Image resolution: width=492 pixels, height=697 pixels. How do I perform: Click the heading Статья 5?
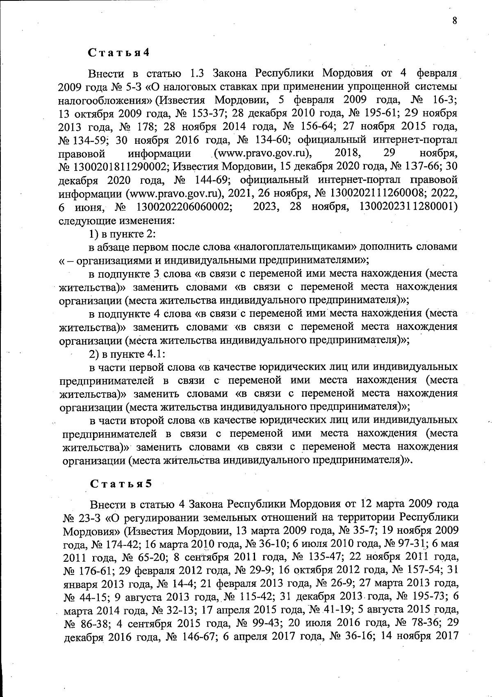coord(121,483)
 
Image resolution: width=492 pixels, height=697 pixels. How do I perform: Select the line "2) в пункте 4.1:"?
coord(127,353)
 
